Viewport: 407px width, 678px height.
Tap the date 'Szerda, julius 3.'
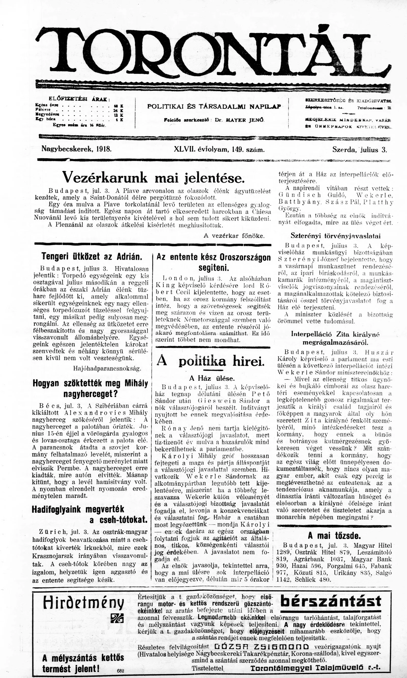(359, 150)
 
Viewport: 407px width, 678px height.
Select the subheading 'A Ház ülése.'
(212, 379)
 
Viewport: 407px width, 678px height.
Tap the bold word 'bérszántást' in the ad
(331, 601)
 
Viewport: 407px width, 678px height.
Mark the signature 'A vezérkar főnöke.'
(234, 236)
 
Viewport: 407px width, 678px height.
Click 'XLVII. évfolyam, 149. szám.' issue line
(219, 150)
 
